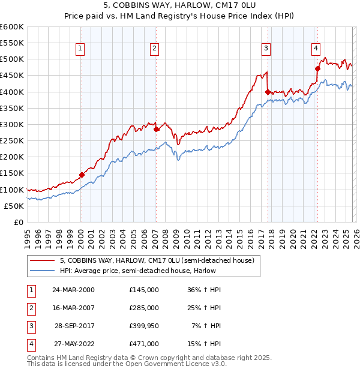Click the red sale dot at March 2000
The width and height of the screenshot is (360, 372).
pos(82,175)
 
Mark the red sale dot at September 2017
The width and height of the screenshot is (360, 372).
pos(268,92)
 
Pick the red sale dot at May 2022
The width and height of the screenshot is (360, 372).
pos(317,68)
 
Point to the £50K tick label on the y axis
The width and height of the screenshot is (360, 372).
pos(14,206)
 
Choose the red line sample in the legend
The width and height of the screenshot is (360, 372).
pos(43,260)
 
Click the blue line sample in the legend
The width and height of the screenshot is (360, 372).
pos(43,271)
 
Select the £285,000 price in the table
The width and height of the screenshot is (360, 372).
pos(144,307)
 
